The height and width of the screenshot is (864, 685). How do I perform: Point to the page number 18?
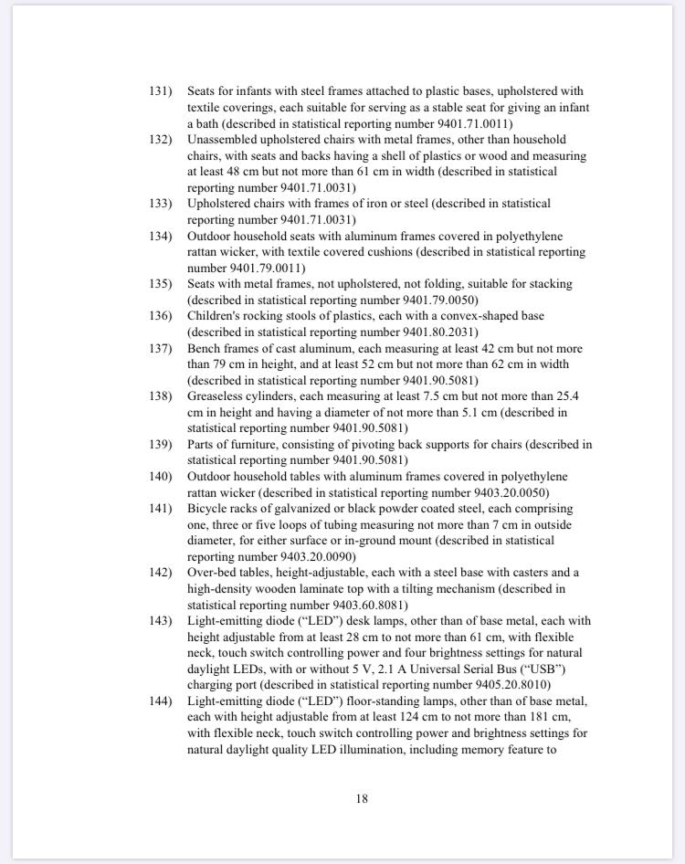[x=362, y=798]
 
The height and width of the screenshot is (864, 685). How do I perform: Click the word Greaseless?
[x=220, y=396]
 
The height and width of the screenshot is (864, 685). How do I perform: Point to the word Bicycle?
[x=208, y=509]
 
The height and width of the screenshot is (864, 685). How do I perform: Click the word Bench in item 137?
[x=205, y=349]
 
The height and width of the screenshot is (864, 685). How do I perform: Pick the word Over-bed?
[x=213, y=573]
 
